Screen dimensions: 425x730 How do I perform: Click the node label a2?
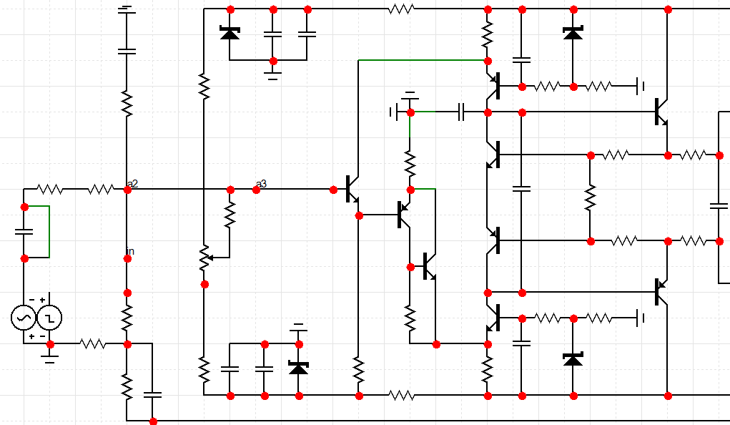click(132, 185)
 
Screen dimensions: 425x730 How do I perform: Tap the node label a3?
click(262, 185)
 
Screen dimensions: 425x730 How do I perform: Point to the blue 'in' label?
click(130, 251)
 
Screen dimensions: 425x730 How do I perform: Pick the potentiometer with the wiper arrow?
click(204, 258)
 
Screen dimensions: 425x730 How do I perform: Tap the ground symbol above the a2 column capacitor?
click(127, 10)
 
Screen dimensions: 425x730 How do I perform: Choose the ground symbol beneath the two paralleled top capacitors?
click(272, 74)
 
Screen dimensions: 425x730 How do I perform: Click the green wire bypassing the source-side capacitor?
click(49, 231)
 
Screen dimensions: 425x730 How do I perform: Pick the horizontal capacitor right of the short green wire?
click(461, 112)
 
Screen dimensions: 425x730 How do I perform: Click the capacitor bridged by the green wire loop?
click(24, 232)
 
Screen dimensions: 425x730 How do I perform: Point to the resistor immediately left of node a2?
click(101, 190)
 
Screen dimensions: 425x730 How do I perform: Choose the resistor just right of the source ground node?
click(92, 344)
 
